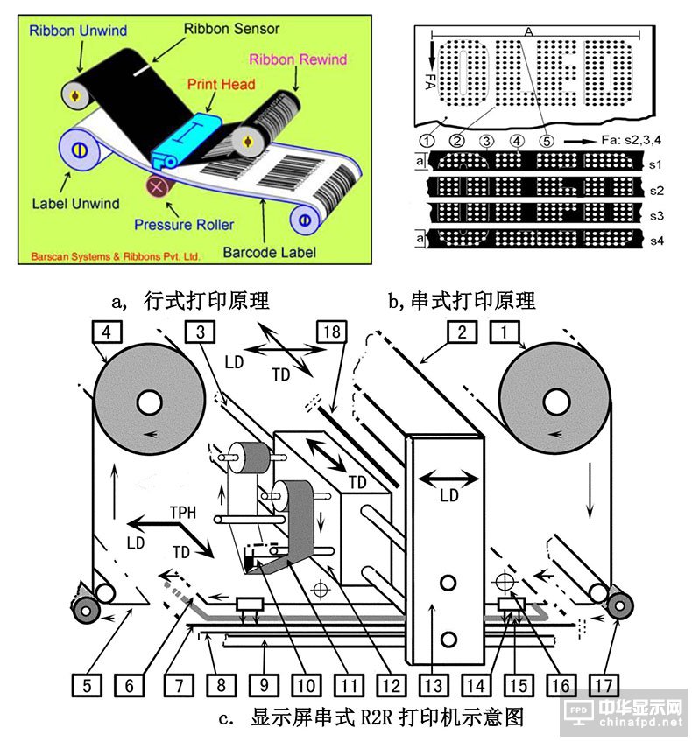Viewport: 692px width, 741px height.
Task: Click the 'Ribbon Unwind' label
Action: pos(78,31)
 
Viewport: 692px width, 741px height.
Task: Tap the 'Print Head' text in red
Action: pos(221,84)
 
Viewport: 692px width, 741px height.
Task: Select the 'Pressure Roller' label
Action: pos(184,224)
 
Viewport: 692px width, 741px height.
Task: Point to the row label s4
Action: pos(665,238)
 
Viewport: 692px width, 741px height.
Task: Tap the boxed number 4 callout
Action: pos(106,331)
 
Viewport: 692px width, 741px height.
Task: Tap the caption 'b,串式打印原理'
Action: pos(462,300)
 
